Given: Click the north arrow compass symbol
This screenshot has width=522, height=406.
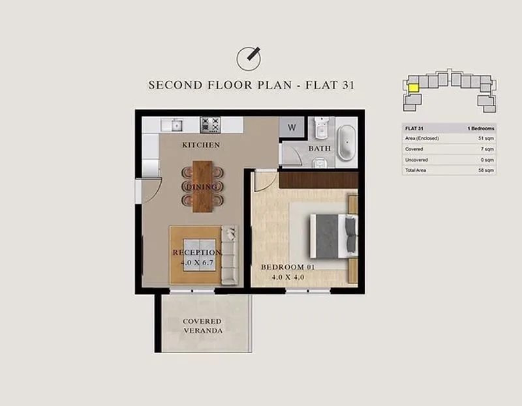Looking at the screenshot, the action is (249, 59).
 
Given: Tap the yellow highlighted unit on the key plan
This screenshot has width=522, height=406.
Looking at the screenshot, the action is (413, 88).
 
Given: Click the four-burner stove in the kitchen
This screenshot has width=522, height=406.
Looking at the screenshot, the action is (211, 125).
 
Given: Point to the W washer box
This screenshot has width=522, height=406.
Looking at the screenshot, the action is (292, 127).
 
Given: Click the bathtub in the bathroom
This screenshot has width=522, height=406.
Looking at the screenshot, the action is (346, 142).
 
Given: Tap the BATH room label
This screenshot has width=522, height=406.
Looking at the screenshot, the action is (320, 149).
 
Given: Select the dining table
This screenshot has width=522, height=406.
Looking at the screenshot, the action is (202, 186).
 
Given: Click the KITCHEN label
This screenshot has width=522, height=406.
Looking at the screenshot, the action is (201, 145).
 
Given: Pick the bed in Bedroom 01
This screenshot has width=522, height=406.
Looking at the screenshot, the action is (333, 236).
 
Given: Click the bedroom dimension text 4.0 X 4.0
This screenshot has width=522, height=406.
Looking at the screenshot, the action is (288, 277).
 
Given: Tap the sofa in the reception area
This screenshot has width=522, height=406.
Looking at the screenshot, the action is (230, 255).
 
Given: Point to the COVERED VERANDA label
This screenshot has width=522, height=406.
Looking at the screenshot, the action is (202, 326).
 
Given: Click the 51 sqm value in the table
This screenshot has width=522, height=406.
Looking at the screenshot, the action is (486, 138).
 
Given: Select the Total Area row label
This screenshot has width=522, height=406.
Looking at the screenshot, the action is (416, 170).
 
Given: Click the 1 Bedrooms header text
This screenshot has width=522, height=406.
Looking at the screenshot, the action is (481, 128).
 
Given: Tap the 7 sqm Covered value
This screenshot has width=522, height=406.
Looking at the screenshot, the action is (487, 149).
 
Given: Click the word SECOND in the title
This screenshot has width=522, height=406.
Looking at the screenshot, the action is (176, 85).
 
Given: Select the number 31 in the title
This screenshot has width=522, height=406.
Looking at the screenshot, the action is (348, 85).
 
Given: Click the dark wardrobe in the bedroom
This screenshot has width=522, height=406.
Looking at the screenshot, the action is (318, 181).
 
